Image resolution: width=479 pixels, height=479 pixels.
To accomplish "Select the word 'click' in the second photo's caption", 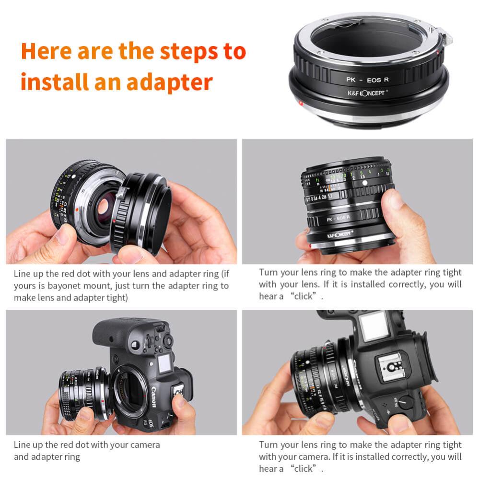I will click(304, 296).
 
